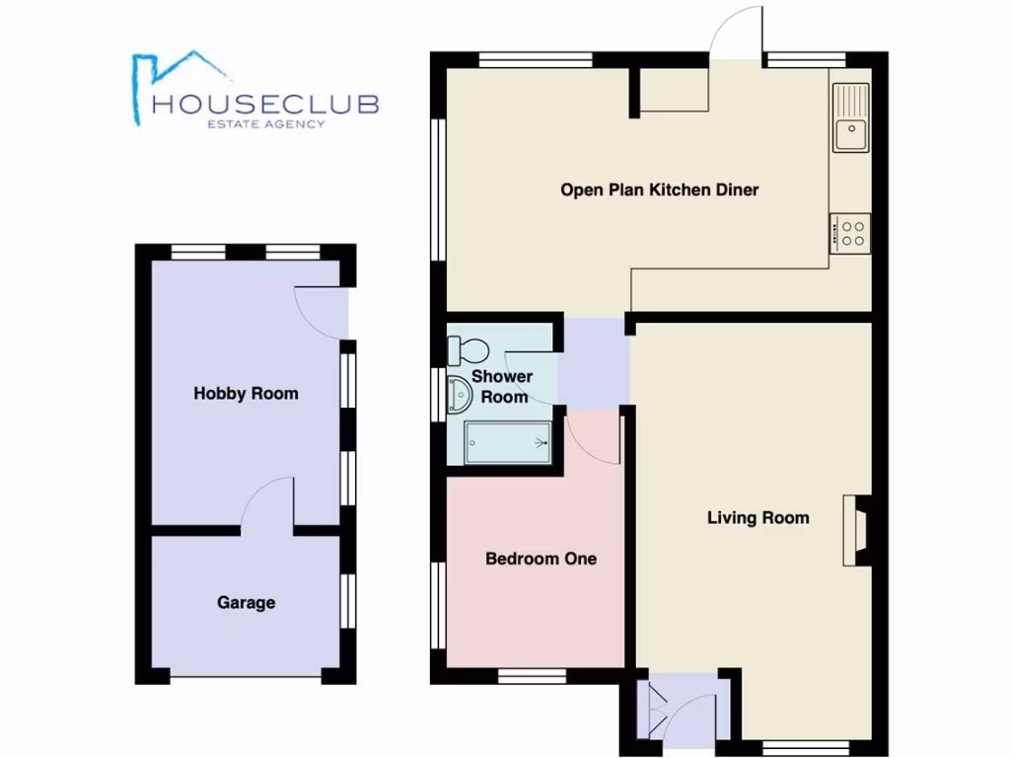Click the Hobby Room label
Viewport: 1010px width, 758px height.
[x=246, y=393]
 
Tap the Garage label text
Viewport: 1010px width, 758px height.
[x=246, y=602]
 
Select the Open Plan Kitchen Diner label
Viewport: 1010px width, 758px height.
[x=660, y=189]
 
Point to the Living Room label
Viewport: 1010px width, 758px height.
[x=757, y=517]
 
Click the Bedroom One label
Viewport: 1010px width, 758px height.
[x=541, y=559]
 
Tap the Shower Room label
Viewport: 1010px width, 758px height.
[x=503, y=386]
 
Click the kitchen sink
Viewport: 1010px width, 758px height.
[x=850, y=117]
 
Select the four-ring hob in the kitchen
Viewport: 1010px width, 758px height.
[x=850, y=233]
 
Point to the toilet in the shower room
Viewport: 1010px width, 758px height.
[x=468, y=348]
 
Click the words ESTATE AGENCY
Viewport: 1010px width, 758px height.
[x=264, y=123]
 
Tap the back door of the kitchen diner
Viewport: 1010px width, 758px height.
[x=738, y=36]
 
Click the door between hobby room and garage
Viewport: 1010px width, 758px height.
[x=268, y=505]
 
